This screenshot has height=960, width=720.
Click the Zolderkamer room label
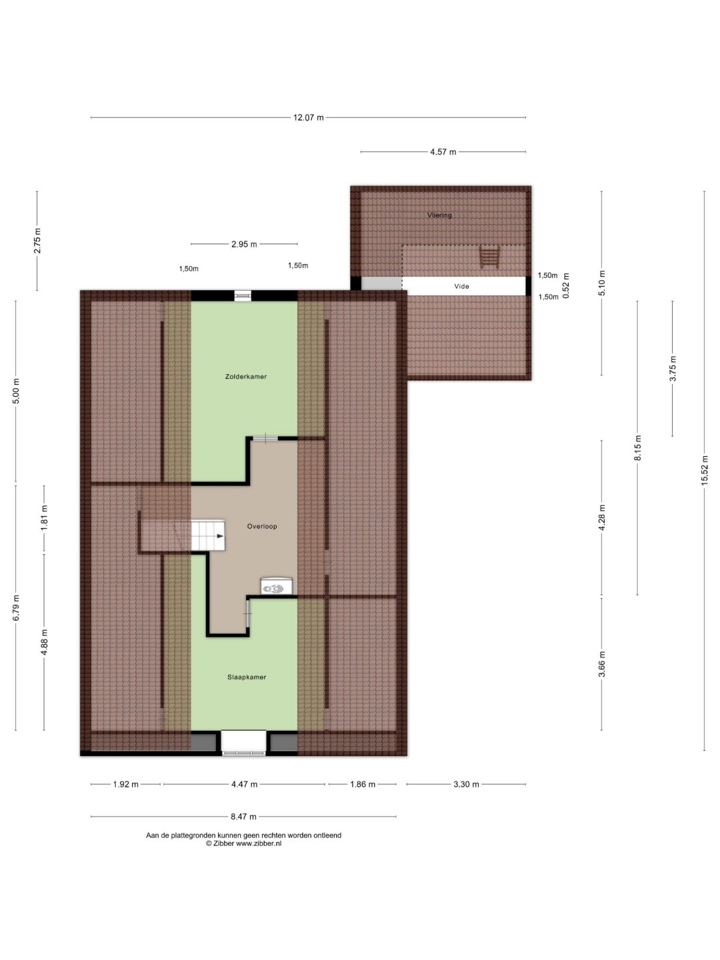(246, 377)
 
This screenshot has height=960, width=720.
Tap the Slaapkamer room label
(247, 677)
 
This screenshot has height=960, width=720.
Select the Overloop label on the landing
(262, 526)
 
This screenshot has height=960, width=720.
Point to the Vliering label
(439, 215)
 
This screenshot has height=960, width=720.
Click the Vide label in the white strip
(461, 287)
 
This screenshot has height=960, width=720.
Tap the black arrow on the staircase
(220, 536)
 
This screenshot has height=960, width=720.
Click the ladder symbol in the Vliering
(489, 256)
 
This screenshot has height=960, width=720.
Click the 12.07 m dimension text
(308, 117)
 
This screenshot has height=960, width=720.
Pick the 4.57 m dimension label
(443, 152)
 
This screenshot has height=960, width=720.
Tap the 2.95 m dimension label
(244, 245)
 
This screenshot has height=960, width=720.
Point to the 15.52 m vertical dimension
(704, 470)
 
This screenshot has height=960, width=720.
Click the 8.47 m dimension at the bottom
(243, 816)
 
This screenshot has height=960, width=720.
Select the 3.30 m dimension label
(466, 784)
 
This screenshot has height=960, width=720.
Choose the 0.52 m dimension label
(566, 285)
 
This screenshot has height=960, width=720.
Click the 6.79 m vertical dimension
(16, 607)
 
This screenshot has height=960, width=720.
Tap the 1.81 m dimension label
(44, 518)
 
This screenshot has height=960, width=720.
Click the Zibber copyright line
(243, 843)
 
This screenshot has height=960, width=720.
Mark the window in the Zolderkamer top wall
(243, 296)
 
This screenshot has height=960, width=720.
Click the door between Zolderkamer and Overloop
(265, 439)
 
